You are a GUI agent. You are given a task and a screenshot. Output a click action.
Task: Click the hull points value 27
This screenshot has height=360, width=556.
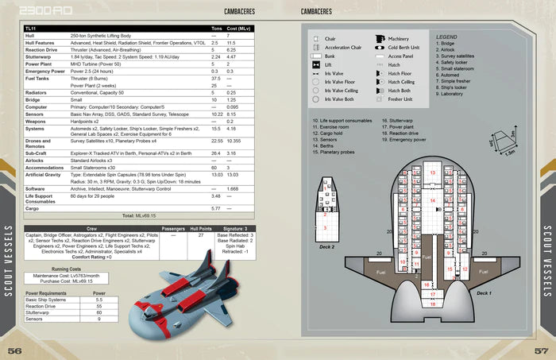pyautogui.click(x=202, y=236)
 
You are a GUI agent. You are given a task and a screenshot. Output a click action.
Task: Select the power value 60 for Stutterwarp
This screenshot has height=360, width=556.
pyautogui.click(x=98, y=312)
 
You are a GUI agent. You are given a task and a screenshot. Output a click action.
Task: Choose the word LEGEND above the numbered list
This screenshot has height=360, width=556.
pyautogui.click(x=447, y=37)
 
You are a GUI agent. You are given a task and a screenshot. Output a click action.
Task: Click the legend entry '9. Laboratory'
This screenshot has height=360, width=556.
pyautogui.click(x=453, y=94)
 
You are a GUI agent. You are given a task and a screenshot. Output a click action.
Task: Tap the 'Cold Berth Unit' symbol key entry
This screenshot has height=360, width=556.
pyautogui.click(x=409, y=47)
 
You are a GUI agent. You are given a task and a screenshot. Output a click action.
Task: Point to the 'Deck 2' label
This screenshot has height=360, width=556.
pyautogui.click(x=327, y=247)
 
